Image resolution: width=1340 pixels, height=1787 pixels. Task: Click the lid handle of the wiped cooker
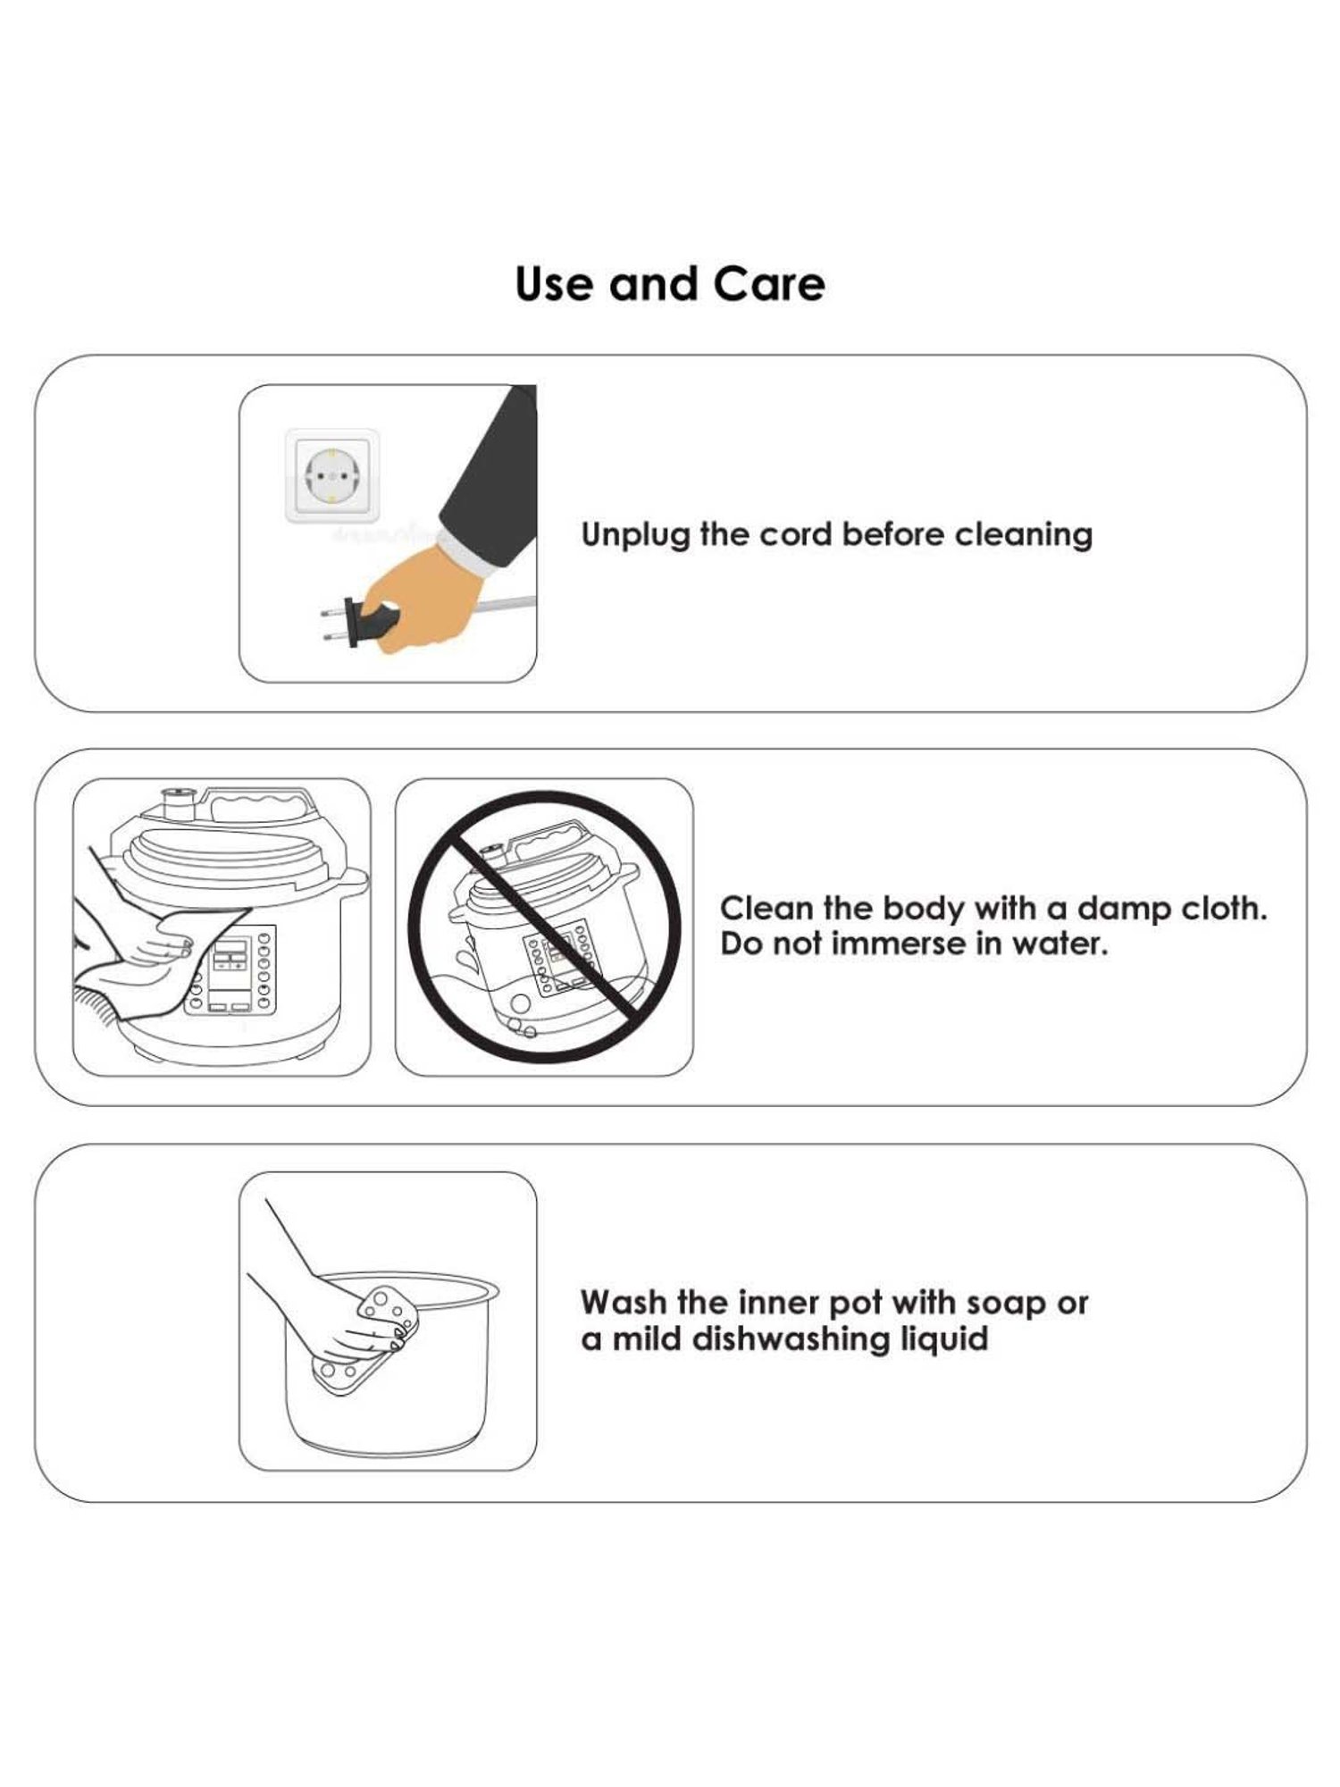tap(259, 803)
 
